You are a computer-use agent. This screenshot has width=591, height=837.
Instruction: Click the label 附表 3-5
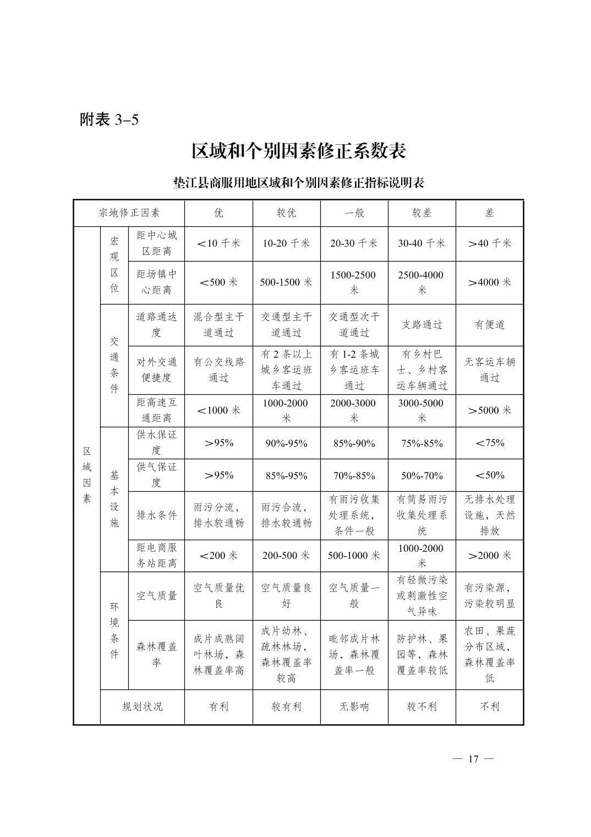point(109,119)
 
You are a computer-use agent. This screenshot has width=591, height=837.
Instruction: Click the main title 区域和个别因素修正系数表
point(298,151)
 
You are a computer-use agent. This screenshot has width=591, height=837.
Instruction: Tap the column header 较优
point(286,213)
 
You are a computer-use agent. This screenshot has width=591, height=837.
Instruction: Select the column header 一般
point(354,213)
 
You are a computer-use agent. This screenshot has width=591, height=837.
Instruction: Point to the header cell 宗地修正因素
point(129,213)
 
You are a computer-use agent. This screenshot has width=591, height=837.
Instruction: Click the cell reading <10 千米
point(218,243)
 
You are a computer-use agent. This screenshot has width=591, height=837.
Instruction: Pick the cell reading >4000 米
point(489,282)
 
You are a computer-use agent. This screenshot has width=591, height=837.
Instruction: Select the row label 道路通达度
point(156,325)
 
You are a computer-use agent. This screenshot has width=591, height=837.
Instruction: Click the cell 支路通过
point(422,325)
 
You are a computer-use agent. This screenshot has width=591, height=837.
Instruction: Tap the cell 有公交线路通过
point(218,370)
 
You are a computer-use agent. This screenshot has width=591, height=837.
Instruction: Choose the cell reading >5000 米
point(489,411)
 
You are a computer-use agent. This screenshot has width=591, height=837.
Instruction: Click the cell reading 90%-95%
point(286,443)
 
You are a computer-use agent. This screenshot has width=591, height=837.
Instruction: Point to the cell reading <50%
point(489,475)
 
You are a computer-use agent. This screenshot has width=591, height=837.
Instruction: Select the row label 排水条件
point(156,515)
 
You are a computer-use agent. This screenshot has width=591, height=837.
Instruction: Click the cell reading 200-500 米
point(286,556)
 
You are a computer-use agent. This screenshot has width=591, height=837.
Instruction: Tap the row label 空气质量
point(156,596)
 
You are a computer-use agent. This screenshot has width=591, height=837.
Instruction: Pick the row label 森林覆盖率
point(156,655)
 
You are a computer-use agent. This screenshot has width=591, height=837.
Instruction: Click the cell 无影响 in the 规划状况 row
point(354,706)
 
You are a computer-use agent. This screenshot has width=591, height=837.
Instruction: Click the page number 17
point(473,759)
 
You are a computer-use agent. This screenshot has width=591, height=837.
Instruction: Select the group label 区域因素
point(87,475)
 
